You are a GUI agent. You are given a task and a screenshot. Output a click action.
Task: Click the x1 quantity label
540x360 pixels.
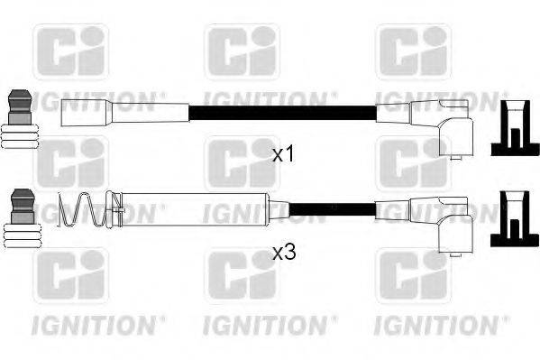pos(284,154)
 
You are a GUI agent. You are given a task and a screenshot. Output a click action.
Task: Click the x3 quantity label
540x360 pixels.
pos(284,254)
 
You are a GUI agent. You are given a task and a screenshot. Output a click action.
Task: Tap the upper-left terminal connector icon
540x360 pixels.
pos(21,119)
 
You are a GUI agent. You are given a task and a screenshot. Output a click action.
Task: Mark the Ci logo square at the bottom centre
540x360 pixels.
pos(242,276)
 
